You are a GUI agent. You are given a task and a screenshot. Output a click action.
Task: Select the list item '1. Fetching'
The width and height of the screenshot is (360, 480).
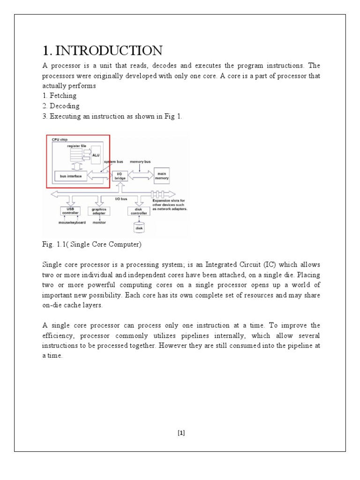59,96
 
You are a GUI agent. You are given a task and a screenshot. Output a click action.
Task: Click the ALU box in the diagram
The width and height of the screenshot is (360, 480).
96,154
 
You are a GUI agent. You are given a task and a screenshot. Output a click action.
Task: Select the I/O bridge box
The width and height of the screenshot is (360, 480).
120,176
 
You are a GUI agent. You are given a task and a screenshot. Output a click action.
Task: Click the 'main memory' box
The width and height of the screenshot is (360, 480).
162,175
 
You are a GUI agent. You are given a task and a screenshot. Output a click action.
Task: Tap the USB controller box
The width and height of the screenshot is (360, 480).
70,211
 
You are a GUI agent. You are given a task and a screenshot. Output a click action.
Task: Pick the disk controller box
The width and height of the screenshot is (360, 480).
138,211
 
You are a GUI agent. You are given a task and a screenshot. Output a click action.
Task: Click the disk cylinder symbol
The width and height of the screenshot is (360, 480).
139,228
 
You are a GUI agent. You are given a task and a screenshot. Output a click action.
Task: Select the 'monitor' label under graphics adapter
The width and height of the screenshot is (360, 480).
99,223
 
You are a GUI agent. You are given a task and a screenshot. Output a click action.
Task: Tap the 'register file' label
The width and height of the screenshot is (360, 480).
77,146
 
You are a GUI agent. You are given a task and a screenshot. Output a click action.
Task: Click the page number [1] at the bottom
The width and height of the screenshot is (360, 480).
181,433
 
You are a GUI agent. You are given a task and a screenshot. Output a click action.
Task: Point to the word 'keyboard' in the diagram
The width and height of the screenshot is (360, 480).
78,223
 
